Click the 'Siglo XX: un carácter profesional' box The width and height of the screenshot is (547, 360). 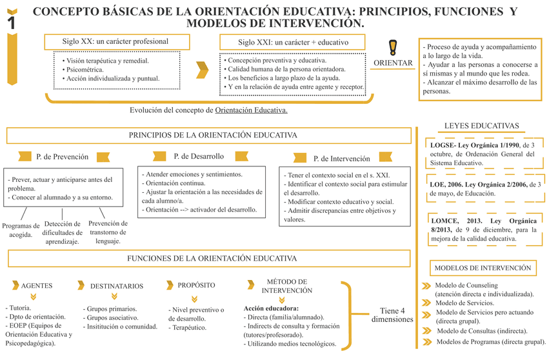point(115,41)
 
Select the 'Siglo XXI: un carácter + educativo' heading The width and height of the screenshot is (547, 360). point(293,42)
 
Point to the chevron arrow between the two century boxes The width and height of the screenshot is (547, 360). point(203,69)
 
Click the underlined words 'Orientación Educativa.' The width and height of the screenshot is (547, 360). point(251,110)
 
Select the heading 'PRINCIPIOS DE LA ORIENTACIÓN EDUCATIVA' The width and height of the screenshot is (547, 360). point(213,135)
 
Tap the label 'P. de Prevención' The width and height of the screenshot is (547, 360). point(63,157)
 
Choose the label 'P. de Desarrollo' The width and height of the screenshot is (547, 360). point(199,156)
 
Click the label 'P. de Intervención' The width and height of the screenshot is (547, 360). point(341,158)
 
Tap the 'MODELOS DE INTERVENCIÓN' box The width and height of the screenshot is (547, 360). point(482,268)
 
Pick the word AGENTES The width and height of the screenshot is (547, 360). point(37,285)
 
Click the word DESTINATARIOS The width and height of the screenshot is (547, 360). point(117,285)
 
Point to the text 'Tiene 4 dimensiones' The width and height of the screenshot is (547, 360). point(392,314)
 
